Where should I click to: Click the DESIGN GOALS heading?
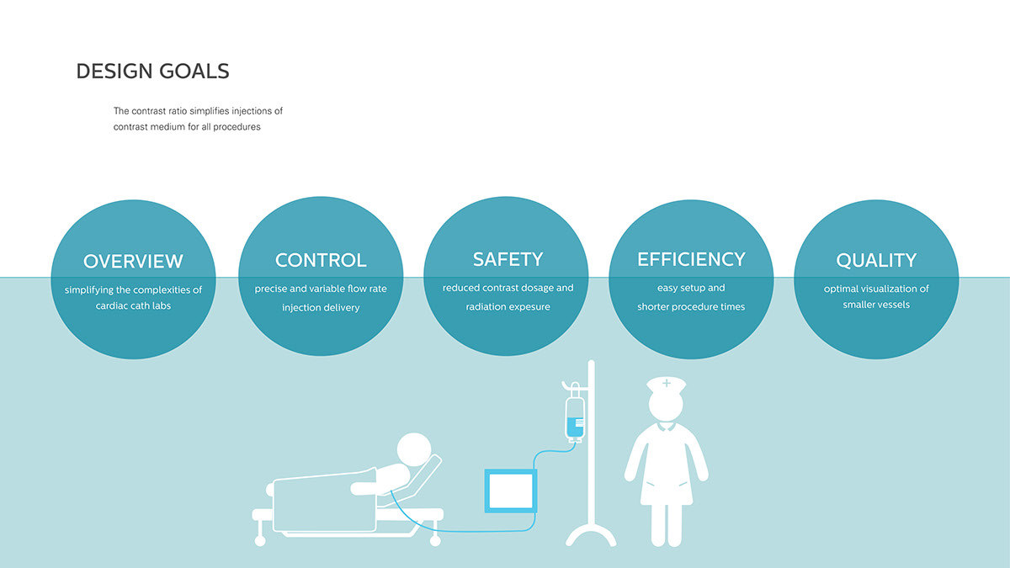[x=152, y=72]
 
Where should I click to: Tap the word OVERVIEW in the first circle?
[x=133, y=261]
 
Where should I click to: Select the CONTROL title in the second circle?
[x=321, y=260]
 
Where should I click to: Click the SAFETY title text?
[x=508, y=259]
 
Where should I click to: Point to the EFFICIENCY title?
[x=691, y=259]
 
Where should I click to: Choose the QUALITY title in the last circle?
[x=876, y=261]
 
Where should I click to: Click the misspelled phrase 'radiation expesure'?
[x=508, y=307]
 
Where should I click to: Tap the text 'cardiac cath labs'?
[x=133, y=305]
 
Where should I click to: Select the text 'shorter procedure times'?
[x=691, y=307]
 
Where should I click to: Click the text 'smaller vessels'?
[x=876, y=305]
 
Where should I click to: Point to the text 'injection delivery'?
[x=321, y=308]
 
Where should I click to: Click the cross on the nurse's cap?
[x=667, y=383]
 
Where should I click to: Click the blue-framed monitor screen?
[x=510, y=491]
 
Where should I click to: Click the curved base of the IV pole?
[x=591, y=534]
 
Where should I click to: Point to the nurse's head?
[x=667, y=408]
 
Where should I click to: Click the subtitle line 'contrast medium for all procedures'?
[x=187, y=127]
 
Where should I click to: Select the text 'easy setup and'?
[x=691, y=288]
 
